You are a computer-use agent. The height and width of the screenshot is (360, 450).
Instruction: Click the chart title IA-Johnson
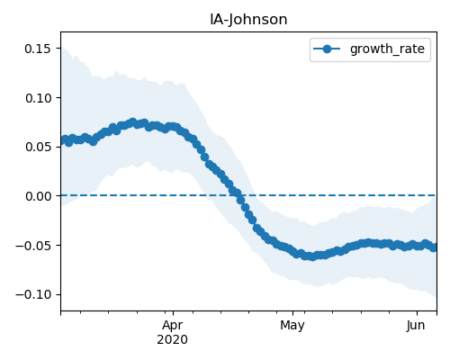coord(248,20)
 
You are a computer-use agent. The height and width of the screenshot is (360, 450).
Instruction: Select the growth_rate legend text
coord(387,49)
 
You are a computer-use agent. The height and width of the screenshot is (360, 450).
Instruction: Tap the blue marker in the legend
coord(327,49)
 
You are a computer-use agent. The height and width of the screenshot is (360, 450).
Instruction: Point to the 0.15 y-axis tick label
coord(38,49)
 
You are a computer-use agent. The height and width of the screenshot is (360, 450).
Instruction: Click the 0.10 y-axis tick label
coord(38,98)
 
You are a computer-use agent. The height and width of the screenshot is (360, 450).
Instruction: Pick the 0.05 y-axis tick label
coord(38,147)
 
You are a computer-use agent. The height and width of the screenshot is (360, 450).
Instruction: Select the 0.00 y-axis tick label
coord(38,196)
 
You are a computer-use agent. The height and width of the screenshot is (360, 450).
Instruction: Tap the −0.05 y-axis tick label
coord(33,246)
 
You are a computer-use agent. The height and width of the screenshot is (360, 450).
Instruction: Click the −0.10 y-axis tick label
coord(33,294)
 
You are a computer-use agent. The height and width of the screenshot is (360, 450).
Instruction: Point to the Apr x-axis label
coord(173,326)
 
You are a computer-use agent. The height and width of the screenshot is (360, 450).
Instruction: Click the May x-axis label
coord(292,326)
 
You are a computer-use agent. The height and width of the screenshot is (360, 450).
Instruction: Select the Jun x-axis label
coord(416,325)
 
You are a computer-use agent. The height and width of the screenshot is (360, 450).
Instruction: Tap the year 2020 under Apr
coord(173,339)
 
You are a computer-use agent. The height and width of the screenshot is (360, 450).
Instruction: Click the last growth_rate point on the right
coord(434,247)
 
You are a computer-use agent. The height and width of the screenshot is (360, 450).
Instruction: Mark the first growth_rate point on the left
coord(61,140)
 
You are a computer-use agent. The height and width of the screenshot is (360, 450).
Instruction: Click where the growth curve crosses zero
coord(239,196)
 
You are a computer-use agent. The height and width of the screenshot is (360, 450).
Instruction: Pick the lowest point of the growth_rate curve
coord(312,256)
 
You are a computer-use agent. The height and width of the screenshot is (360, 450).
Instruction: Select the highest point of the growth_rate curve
coord(133,122)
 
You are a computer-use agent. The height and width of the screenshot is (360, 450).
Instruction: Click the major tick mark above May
coord(293,313)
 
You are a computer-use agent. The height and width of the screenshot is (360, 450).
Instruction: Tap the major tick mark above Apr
coord(173,313)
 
